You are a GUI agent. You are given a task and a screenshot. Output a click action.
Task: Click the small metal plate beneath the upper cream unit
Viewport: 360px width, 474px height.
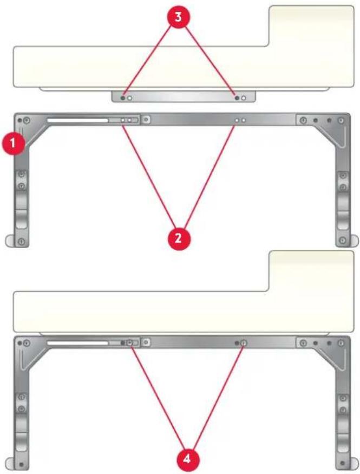(x=184, y=97)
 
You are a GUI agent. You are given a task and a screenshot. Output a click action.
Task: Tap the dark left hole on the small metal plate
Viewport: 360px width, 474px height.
(x=123, y=98)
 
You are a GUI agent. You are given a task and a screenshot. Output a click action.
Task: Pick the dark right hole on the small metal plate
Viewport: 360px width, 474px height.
(x=237, y=98)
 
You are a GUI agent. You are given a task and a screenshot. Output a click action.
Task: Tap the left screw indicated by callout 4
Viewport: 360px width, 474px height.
(x=129, y=342)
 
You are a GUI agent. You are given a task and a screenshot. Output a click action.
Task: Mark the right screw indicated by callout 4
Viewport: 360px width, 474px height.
(x=244, y=342)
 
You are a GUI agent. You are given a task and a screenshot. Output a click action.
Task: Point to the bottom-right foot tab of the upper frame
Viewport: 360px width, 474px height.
(x=355, y=241)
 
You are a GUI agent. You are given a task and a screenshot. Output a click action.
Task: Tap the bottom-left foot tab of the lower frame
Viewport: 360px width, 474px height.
(x=10, y=464)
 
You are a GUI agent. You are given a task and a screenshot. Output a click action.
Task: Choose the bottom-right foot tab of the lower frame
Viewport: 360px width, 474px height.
(x=355, y=464)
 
